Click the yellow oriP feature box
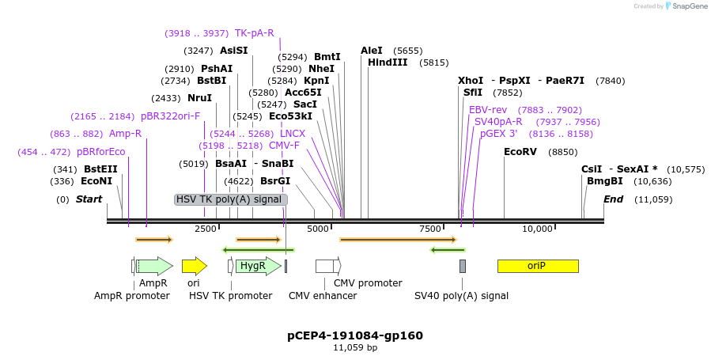tap(537, 266)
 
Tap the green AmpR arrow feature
tap(154, 266)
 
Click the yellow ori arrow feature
tap(194, 266)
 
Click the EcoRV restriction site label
tap(520, 152)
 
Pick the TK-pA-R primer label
tap(254, 33)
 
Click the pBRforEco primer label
tap(101, 152)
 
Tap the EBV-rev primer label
tap(488, 110)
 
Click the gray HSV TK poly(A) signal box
tap(230, 199)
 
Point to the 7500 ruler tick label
tap(430, 229)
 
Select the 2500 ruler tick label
tap(206, 229)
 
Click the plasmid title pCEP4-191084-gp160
tap(355, 335)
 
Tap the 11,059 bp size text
tap(355, 347)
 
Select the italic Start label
tap(89, 199)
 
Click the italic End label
tap(614, 199)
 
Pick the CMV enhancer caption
tap(323, 296)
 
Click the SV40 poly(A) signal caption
tap(461, 296)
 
